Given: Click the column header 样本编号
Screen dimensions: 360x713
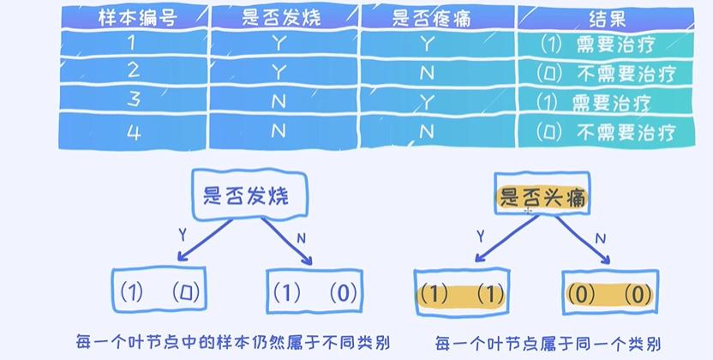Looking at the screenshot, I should tap(133, 16).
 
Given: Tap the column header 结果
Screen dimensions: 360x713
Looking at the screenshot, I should tap(607, 16).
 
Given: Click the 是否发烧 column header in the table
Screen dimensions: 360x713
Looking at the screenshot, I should tap(282, 16).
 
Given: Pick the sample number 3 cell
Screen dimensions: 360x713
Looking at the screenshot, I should tap(133, 103).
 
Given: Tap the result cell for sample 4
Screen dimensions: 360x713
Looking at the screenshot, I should tap(607, 132).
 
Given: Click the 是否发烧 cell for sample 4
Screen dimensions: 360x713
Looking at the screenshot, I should tap(282, 132).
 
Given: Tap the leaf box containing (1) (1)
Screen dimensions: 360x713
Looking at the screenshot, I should tap(460, 293).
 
